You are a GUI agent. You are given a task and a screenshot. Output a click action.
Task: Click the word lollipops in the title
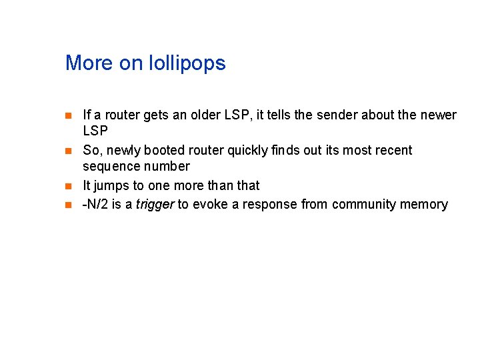[191, 64]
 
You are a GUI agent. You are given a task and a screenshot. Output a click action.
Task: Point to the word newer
[438, 115]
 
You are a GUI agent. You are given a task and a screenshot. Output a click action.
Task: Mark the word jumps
[111, 186]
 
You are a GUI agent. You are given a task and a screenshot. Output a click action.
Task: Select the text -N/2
[95, 204]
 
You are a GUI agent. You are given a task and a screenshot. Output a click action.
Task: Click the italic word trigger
[155, 204]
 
